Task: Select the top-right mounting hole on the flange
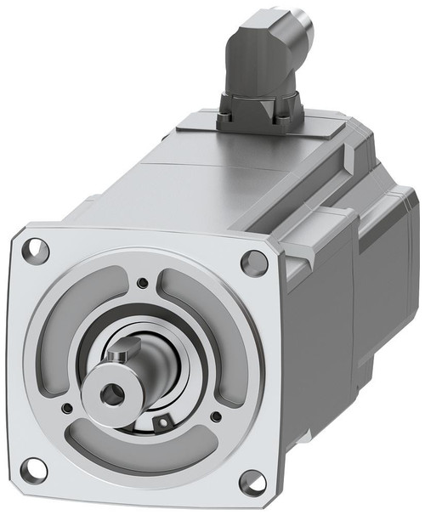pos(254,263)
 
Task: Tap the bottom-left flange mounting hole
pos(33,468)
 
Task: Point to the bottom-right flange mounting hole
pos(251,483)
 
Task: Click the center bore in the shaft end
pos(110,392)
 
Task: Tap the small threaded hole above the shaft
pos(142,283)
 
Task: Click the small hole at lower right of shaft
pos(218,416)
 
